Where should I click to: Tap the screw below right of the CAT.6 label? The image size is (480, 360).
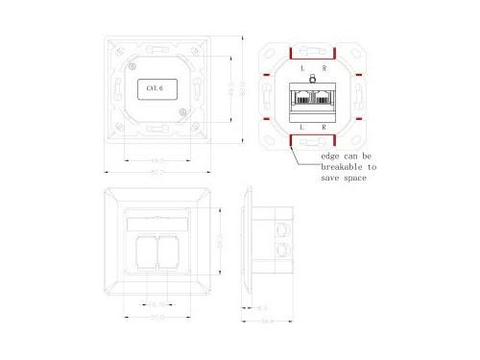tap(183, 113)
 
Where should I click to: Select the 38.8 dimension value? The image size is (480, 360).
tap(266, 321)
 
